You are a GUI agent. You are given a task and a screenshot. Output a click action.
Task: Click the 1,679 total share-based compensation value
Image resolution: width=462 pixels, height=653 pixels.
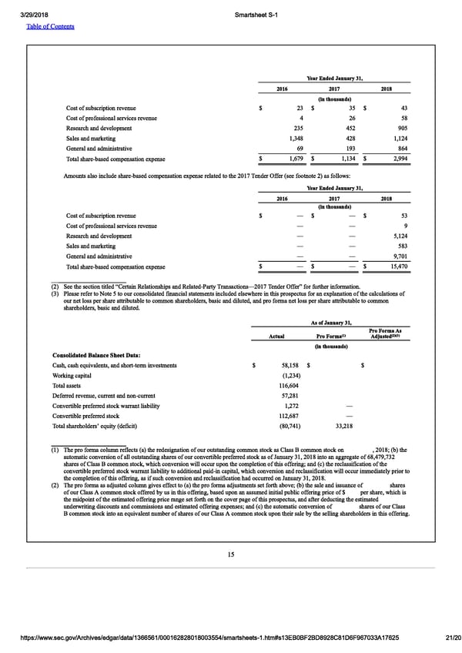(295, 159)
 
